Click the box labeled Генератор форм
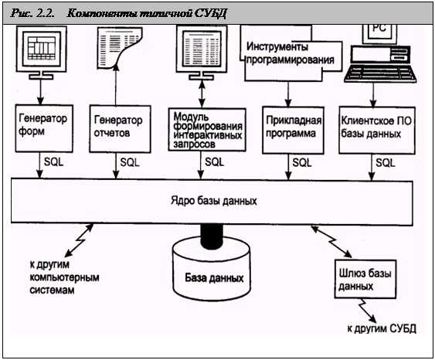point(44,128)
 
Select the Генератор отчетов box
point(120,129)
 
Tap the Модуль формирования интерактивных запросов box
point(207,130)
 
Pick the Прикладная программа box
point(293,130)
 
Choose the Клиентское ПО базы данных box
point(377,130)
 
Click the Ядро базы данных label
point(213,201)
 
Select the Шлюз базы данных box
point(365,279)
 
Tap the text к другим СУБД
point(382,328)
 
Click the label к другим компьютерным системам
point(64,277)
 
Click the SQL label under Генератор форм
point(54,162)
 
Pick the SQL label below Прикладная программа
point(302,162)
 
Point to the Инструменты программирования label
point(291,53)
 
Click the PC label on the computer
point(379,28)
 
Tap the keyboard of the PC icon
point(380,73)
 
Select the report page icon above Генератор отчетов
point(120,48)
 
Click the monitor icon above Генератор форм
point(41,53)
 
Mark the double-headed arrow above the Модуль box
point(202,93)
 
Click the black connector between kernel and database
point(212,236)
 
